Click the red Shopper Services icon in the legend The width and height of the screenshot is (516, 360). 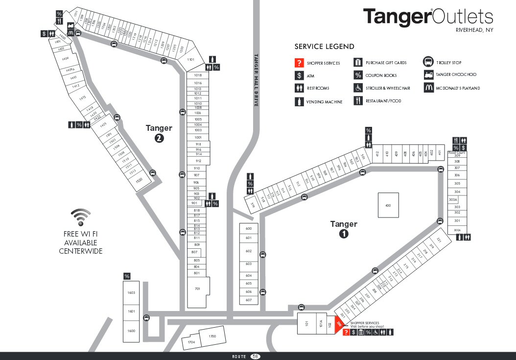click(299, 63)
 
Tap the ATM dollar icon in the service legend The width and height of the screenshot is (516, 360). click(299, 75)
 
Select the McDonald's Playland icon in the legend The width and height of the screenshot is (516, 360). click(428, 88)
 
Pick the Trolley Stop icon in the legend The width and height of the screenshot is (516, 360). click(428, 62)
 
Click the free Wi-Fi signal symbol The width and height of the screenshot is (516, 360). click(81, 216)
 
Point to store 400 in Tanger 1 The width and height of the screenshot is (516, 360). click(388, 205)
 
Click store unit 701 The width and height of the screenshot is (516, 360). click(198, 289)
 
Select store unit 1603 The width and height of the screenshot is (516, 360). click(131, 293)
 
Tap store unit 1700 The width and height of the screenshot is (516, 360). click(212, 336)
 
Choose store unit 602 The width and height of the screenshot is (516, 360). click(248, 251)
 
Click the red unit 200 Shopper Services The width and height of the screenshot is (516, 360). click(339, 324)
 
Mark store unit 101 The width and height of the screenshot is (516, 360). click(307, 324)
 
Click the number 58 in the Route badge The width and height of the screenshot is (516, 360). click(255, 357)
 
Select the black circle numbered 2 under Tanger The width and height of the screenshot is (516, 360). click(159, 138)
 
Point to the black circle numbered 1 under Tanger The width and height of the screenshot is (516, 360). click(344, 234)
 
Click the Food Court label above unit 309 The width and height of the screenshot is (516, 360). click(456, 153)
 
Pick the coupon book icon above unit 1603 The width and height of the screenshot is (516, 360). click(127, 276)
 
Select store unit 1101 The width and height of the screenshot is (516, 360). click(191, 60)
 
